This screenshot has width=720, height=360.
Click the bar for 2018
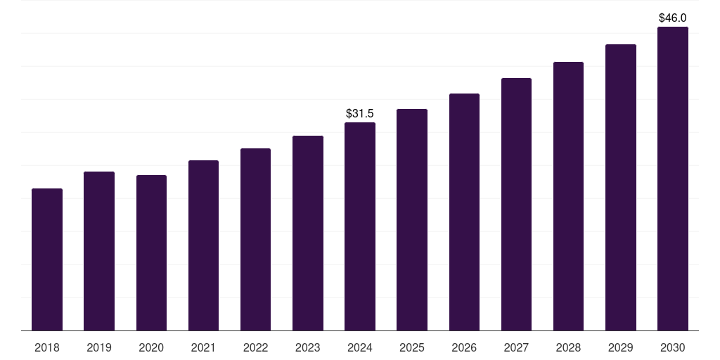point(47,259)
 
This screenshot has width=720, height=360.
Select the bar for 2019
point(99,251)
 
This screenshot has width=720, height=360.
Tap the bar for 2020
point(151,253)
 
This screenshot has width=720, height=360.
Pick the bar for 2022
point(255,240)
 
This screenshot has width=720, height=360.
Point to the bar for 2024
point(360,226)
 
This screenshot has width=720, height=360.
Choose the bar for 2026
point(464,212)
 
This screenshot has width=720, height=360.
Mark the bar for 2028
point(568,196)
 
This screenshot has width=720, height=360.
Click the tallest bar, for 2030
point(673,179)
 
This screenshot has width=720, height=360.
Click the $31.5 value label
point(360,113)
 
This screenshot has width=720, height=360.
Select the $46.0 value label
point(673,18)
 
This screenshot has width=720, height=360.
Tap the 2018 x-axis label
point(47,347)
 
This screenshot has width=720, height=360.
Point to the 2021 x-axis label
point(203,347)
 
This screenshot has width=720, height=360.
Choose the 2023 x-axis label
point(307,347)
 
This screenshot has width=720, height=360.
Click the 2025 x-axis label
point(412,347)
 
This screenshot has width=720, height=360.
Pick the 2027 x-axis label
point(516,347)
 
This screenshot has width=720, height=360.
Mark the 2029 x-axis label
point(620,347)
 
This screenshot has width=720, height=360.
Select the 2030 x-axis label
point(673,347)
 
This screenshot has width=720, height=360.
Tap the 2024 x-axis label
point(360,347)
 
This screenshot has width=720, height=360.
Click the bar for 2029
point(620,188)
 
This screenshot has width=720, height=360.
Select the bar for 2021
point(203,245)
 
